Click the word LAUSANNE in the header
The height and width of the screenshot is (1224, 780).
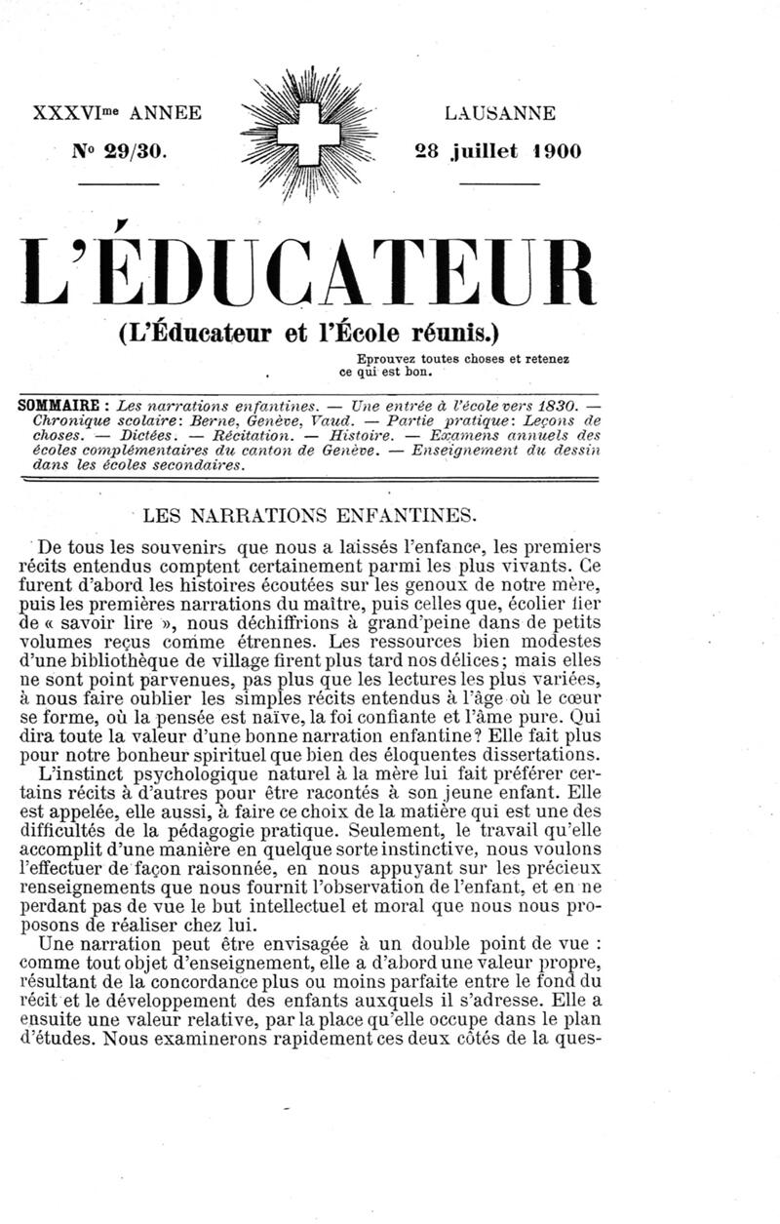click(x=500, y=113)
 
